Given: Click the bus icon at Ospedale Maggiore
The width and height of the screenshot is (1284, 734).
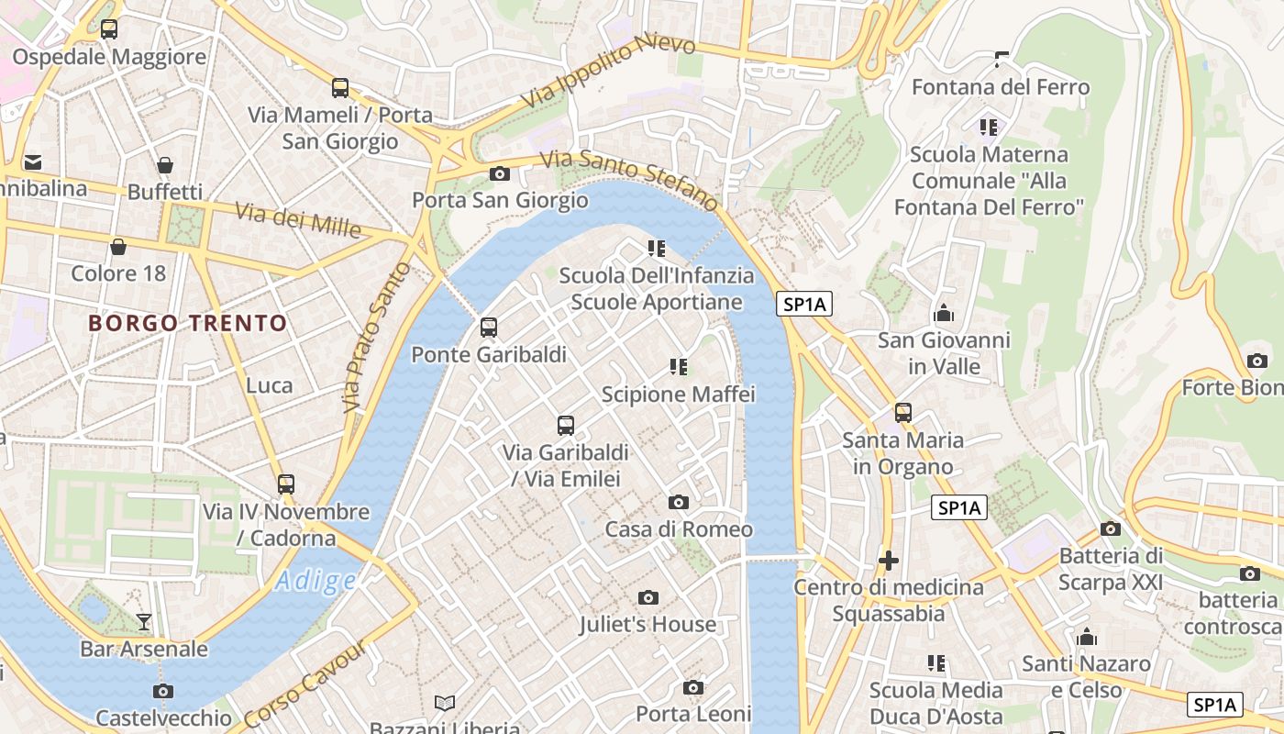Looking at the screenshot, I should coord(109,29).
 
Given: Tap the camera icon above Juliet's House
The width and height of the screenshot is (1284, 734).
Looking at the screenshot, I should coord(648,598).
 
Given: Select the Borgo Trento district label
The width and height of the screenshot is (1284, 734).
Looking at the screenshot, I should coord(188,323).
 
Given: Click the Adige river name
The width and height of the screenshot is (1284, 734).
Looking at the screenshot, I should coord(315,581).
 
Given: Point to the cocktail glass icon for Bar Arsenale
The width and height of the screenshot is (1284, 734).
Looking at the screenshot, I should coord(143,622).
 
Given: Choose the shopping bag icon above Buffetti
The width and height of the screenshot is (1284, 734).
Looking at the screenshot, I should coord(165,165).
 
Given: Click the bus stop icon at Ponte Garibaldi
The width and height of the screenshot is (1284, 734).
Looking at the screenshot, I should coord(489,328).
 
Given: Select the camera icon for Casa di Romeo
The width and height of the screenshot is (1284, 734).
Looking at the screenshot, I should coord(679,502).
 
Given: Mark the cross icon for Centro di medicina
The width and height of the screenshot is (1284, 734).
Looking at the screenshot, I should coord(888,560).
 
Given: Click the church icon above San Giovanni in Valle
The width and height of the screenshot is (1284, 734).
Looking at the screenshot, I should coord(944,314).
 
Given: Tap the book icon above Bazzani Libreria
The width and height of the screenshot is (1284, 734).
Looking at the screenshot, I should coord(445,703).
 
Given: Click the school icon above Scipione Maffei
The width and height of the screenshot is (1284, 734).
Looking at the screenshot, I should coord(679,367).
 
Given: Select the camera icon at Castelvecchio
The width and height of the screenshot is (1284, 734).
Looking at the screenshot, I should coord(163,691).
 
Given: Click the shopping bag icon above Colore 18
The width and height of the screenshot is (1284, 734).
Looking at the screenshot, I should coord(118,247).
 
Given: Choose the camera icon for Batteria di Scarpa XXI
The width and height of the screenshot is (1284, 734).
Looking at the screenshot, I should coord(1111,528).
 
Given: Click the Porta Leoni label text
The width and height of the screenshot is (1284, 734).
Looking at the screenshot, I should coord(694,714).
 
